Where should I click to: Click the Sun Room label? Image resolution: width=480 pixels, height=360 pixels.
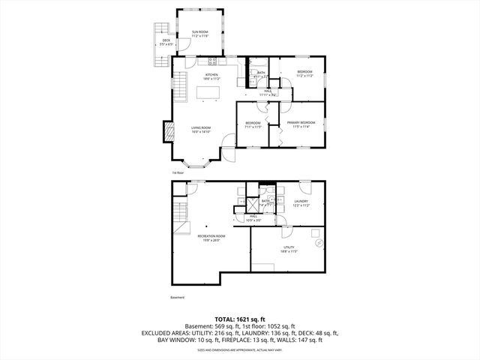[199, 34]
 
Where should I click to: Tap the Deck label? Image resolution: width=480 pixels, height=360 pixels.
[166, 43]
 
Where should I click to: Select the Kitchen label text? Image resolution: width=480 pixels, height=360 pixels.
[211, 76]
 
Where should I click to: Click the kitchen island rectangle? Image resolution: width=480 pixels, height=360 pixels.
[208, 92]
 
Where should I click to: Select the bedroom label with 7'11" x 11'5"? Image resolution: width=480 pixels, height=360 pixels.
[253, 124]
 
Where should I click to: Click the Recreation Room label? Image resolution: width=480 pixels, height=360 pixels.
[211, 238]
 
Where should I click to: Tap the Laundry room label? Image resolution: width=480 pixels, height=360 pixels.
[301, 202]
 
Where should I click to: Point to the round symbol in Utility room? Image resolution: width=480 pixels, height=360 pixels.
[318, 243]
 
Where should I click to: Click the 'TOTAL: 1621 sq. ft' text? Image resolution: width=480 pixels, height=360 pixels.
[240, 319]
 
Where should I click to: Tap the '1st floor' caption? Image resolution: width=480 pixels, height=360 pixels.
[178, 172]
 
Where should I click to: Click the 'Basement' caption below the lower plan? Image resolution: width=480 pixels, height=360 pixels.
[178, 297]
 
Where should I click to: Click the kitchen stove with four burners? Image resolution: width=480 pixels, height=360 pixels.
[213, 61]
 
